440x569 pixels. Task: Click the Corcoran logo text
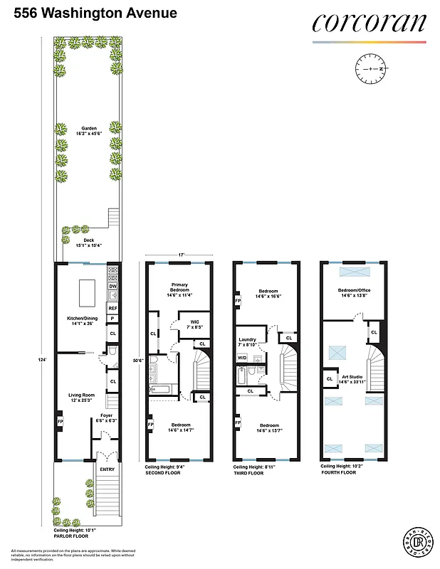369,23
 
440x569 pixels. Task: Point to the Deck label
88,242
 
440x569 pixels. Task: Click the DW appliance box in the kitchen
112,286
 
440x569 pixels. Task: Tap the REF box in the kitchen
112,307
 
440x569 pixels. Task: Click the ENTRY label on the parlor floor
106,469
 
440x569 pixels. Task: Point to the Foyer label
105,418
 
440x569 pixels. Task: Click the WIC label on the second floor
194,325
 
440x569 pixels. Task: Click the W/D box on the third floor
242,357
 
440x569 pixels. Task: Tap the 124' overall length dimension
43,361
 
